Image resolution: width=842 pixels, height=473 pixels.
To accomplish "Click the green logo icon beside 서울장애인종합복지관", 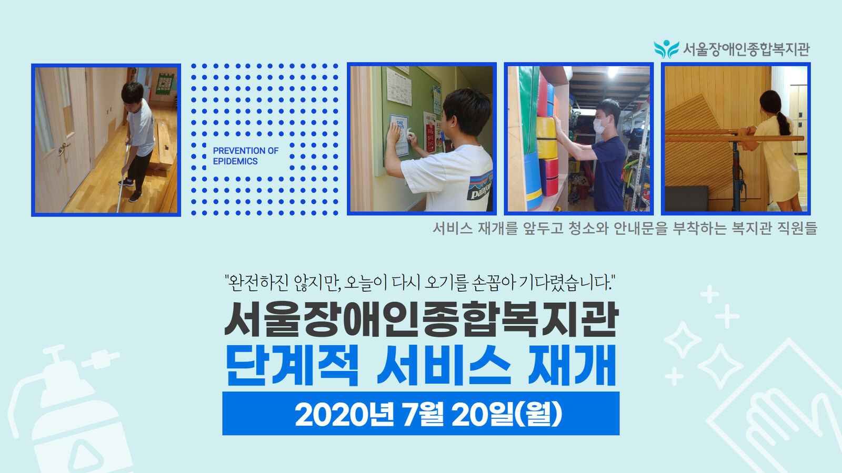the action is tap(666, 49).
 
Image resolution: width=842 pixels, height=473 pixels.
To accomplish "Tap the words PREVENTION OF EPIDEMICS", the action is tap(245, 156).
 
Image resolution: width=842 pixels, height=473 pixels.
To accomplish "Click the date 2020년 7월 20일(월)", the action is tap(428, 415).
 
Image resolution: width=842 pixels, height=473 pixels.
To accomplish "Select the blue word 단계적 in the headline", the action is tap(292, 365).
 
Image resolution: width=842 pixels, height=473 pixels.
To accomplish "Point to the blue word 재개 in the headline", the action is tap(572, 365).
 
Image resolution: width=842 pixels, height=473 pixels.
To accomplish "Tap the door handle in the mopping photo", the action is tap(63, 148).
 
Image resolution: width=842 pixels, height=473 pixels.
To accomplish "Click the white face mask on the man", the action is tap(600, 125).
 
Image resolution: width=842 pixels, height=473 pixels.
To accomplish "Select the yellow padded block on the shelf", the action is tap(547, 138).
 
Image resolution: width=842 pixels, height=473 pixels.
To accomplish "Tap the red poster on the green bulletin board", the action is tap(430, 133).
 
